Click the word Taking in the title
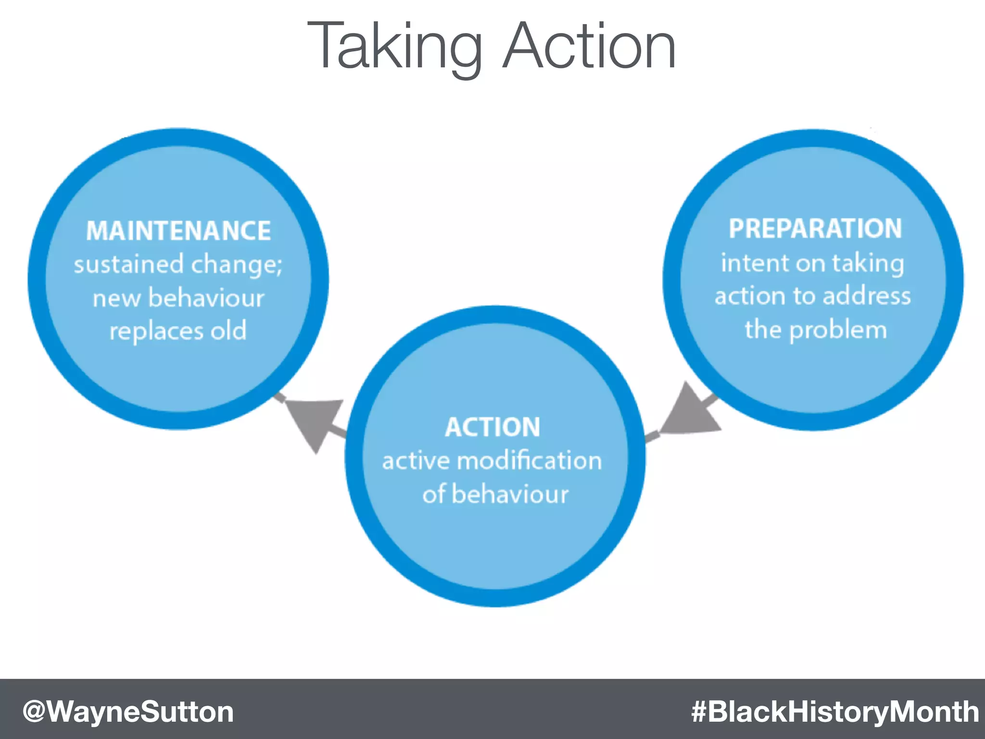click(x=394, y=47)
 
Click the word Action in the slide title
click(x=589, y=46)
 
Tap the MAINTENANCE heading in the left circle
click(x=178, y=230)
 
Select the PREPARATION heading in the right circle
click(x=815, y=229)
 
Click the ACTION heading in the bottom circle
click(x=492, y=427)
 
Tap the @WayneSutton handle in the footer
click(x=128, y=711)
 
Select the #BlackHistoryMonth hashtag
click(x=834, y=711)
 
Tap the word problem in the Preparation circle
click(x=838, y=331)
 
